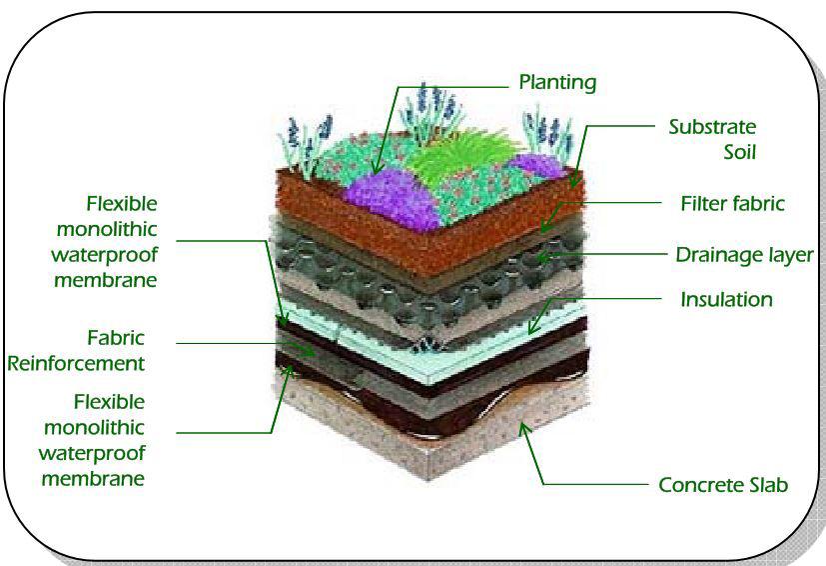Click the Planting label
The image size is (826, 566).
point(556,82)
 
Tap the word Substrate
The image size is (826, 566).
point(711,127)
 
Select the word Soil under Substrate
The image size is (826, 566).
point(739,153)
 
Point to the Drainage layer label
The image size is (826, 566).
point(744,255)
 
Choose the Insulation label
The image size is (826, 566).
point(726,299)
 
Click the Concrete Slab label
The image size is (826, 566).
point(723,485)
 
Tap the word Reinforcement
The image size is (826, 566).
point(76,363)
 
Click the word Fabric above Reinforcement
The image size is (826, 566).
point(116,338)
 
